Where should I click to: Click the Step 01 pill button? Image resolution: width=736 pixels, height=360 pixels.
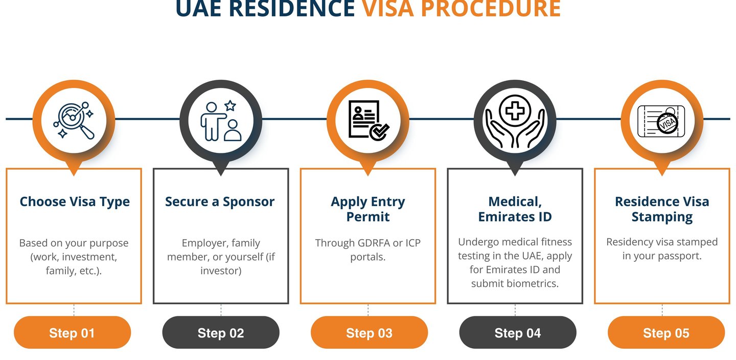pyautogui.click(x=72, y=333)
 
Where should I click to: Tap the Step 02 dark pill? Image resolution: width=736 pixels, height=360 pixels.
pyautogui.click(x=221, y=333)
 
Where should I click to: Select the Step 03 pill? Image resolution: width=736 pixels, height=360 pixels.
pyautogui.click(x=369, y=333)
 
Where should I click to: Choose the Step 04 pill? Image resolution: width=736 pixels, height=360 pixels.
pyautogui.click(x=518, y=333)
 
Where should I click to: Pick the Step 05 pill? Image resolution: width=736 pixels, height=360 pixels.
pyautogui.click(x=666, y=333)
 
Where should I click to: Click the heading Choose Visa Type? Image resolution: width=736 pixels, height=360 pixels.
pyautogui.click(x=75, y=201)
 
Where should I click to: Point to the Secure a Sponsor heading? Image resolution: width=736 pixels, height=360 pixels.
pyautogui.click(x=220, y=201)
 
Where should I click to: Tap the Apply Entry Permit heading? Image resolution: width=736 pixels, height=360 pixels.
pyautogui.click(x=368, y=209)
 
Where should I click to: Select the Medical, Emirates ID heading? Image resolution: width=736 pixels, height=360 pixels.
pyautogui.click(x=515, y=209)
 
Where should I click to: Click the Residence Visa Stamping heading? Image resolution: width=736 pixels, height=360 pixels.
pyautogui.click(x=662, y=209)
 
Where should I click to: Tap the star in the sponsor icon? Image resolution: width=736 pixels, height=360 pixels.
pyautogui.click(x=231, y=106)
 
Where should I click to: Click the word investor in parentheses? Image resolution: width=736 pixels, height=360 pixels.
pyautogui.click(x=221, y=271)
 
